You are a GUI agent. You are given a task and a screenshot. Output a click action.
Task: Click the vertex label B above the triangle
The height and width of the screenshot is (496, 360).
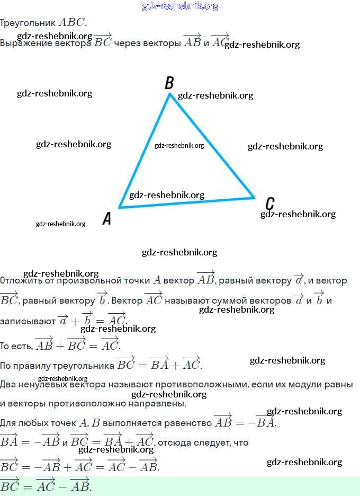[169, 83]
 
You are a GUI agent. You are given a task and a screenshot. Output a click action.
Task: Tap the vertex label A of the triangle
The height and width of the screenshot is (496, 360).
[107, 218]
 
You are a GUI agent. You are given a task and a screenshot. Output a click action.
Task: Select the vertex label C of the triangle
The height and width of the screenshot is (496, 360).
[269, 203]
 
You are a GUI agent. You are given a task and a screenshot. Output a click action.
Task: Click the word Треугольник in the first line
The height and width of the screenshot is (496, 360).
[28, 23]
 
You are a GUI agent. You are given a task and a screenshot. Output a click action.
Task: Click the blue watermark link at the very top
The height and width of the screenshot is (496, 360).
[180, 6]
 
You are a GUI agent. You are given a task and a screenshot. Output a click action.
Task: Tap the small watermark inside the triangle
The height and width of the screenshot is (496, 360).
[179, 146]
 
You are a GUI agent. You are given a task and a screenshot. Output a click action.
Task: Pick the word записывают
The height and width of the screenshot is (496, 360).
[27, 321]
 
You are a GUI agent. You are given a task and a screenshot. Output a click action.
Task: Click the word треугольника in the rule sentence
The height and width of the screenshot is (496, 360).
[86, 366]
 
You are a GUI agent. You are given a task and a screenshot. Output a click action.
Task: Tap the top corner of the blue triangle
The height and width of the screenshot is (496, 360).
[170, 94]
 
